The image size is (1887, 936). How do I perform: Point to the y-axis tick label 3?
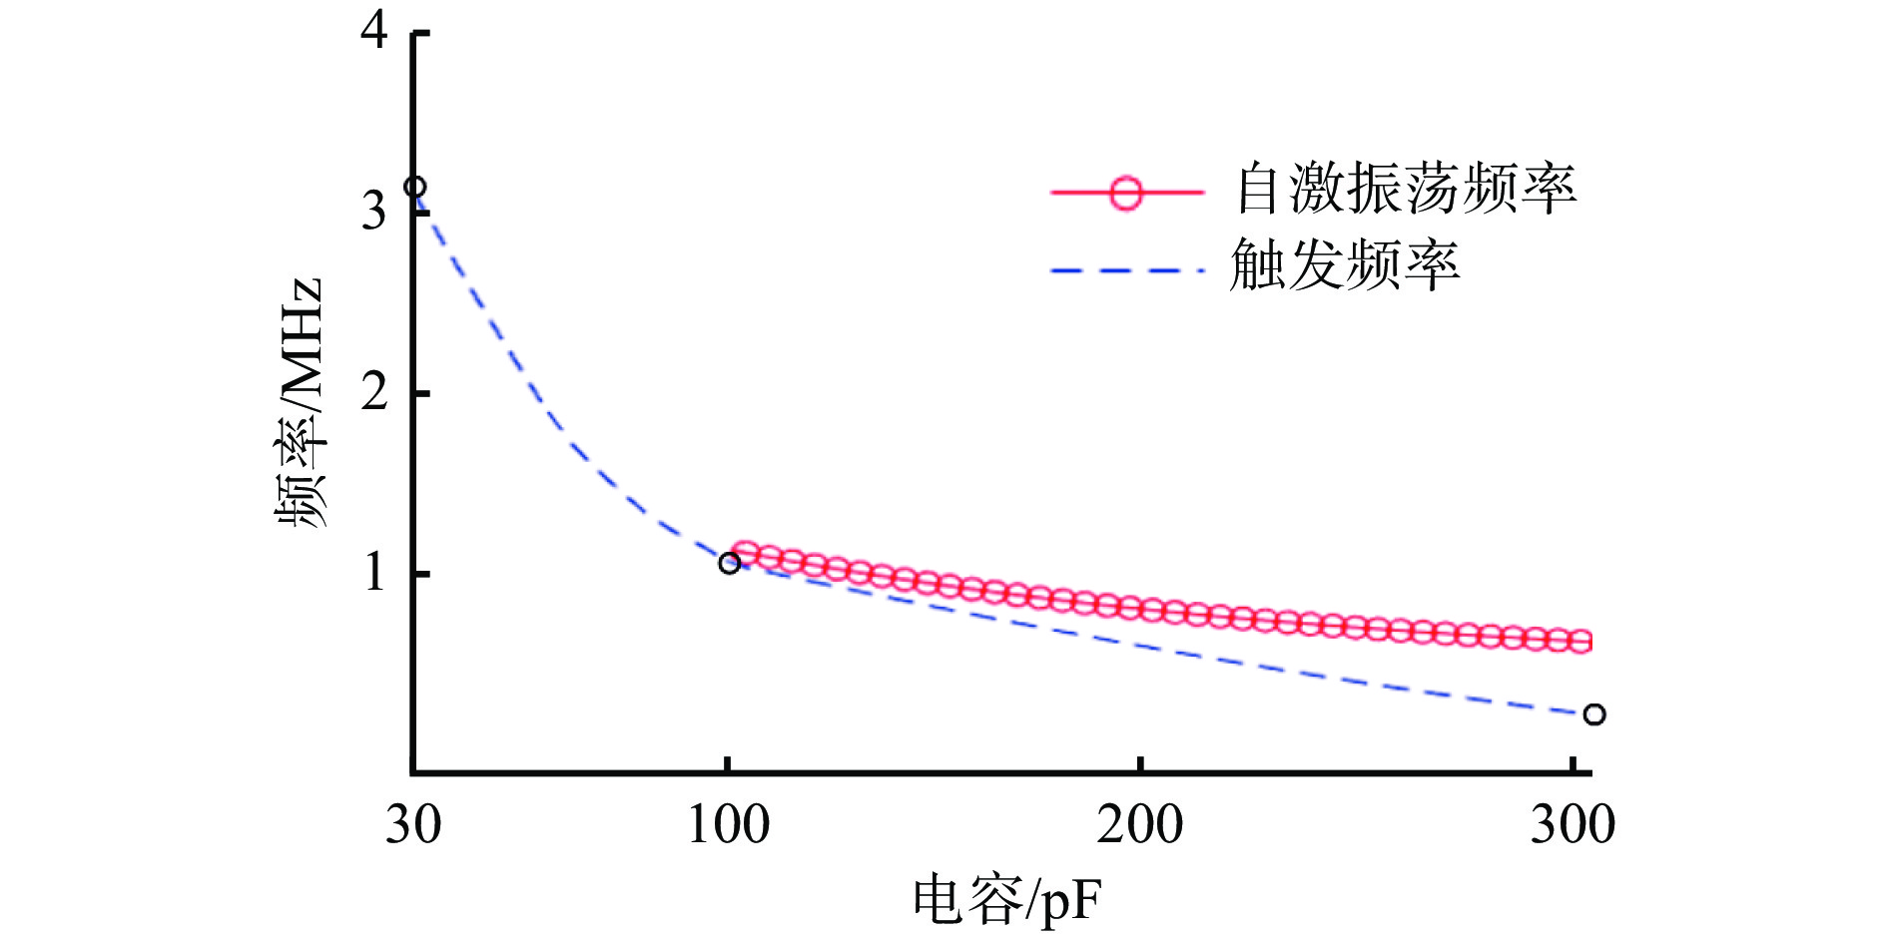click(x=374, y=211)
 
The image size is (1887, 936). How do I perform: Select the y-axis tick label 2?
click(x=374, y=392)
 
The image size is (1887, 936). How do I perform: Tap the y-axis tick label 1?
click(x=374, y=573)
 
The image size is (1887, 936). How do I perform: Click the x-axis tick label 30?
click(x=413, y=825)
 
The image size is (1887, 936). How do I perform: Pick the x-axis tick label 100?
click(x=729, y=825)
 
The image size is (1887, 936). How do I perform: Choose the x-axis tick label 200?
click(x=1139, y=825)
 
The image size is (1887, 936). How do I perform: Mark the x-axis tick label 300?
click(x=1572, y=825)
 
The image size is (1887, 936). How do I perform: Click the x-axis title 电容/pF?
click(x=1006, y=900)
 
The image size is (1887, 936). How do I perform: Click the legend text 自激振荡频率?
click(x=1406, y=189)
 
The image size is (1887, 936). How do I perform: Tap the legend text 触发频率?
click(x=1344, y=265)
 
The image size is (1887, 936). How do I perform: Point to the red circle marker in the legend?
click(x=1126, y=192)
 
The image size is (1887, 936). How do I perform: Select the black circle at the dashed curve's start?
click(x=414, y=187)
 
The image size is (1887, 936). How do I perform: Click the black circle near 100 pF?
click(x=730, y=564)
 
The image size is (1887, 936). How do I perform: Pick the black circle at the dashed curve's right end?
click(x=1594, y=714)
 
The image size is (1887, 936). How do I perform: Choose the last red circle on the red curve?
click(x=1580, y=642)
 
